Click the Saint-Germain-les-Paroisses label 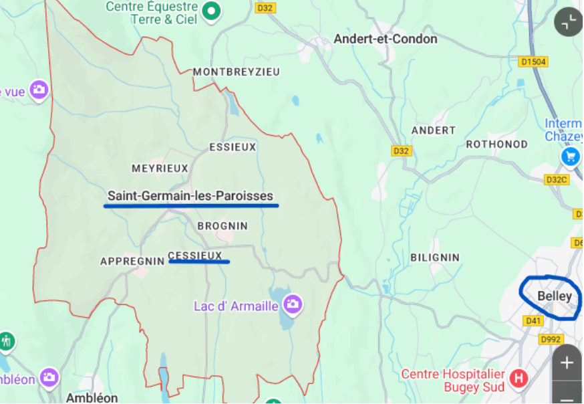coord(190,196)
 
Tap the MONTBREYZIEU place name coord(236,72)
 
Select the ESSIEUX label coord(233,147)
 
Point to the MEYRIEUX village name coord(160,169)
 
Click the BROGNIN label coord(223,227)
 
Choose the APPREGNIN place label coord(132,262)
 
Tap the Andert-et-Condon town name coord(386,39)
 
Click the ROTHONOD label coord(496,144)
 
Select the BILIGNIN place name coord(434,258)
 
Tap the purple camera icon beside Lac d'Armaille coord(292,305)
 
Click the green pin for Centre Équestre coord(212,11)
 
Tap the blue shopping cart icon coord(570,157)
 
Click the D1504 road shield coord(533,62)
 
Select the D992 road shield coord(551,340)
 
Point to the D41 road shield coord(533,321)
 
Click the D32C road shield coord(556,180)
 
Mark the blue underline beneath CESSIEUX coord(199,262)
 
